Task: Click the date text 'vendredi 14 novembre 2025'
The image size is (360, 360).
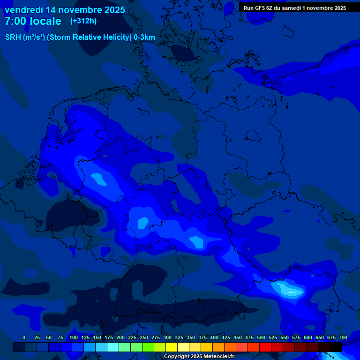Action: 65,10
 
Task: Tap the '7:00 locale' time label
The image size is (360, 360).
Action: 33,21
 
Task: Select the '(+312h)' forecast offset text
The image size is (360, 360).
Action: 83,21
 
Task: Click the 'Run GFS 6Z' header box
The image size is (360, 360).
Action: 295,7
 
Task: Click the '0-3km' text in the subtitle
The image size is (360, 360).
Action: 144,37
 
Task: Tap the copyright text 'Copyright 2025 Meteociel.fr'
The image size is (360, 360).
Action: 199,357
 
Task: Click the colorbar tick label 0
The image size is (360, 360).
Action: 24,337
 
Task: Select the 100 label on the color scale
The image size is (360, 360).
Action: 74,337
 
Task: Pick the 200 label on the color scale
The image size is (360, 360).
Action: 120,337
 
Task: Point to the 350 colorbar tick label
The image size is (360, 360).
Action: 191,337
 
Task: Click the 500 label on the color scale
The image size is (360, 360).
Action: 261,337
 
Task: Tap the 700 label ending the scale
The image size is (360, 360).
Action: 343,337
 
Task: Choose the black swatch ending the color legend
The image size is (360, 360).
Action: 336,347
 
